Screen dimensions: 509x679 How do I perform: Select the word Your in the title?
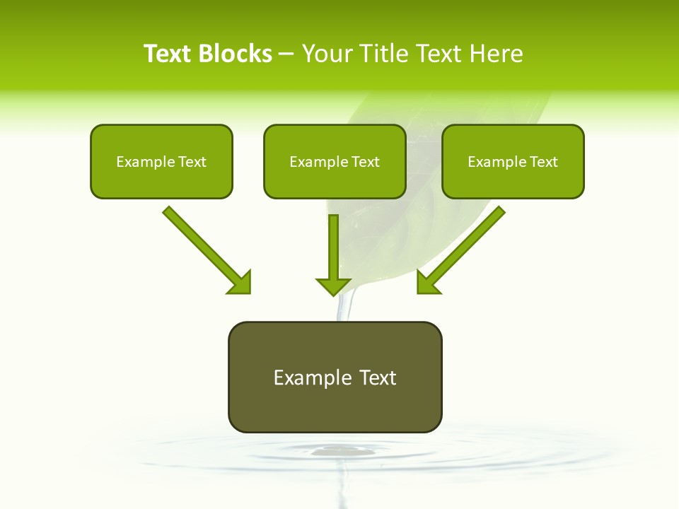327,54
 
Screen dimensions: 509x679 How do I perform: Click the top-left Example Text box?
161,161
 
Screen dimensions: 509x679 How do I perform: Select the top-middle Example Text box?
335,161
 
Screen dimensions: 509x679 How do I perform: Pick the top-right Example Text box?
513,161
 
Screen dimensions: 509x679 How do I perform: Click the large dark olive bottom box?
335,377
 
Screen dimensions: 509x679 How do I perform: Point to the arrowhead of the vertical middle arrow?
333,286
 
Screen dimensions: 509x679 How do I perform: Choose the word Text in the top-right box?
544,162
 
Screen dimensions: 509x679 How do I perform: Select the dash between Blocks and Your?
286,54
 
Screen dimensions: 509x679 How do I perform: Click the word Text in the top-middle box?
366,162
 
